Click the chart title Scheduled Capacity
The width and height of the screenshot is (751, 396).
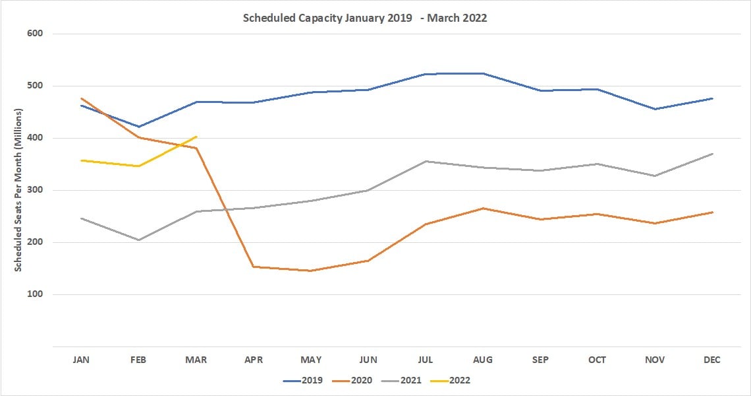click(x=364, y=18)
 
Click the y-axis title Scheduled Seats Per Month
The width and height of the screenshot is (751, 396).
click(x=18, y=190)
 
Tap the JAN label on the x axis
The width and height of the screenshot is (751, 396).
click(x=81, y=360)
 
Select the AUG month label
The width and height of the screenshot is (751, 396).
click(x=483, y=360)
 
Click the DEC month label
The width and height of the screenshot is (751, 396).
click(x=712, y=360)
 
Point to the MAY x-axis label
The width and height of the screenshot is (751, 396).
click(x=311, y=360)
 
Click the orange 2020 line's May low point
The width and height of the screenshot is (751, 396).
click(x=311, y=271)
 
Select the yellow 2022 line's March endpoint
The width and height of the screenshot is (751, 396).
click(x=196, y=137)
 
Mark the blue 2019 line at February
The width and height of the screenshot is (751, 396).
click(x=139, y=127)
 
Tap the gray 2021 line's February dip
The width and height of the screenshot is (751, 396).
click(x=139, y=240)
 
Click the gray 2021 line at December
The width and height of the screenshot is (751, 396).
click(x=712, y=154)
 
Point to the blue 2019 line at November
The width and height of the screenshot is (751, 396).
click(x=655, y=109)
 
